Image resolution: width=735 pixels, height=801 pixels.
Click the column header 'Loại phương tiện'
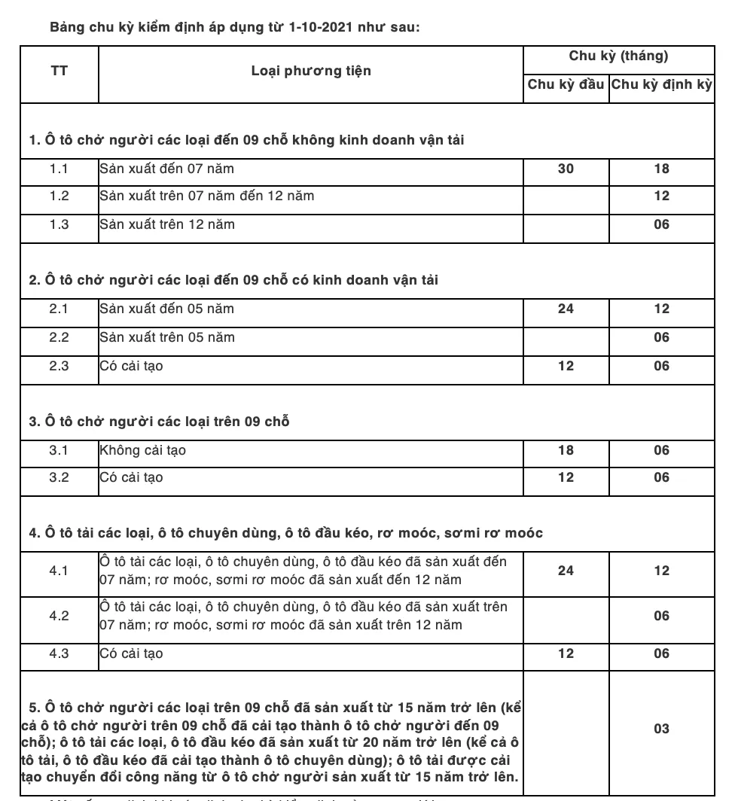point(310,71)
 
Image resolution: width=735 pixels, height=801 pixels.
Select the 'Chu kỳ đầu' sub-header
point(566,84)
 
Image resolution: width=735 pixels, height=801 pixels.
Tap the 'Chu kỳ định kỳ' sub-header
point(661,84)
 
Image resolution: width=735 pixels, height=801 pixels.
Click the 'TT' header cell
point(59,71)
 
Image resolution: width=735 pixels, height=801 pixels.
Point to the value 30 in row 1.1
point(566,169)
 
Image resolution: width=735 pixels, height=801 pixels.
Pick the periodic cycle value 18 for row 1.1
point(661,169)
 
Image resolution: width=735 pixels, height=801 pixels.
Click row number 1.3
point(59,224)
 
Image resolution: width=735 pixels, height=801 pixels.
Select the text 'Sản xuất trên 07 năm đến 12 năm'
point(207,196)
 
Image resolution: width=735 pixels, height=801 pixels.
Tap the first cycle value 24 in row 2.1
point(566,309)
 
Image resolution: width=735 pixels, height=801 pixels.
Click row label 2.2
point(59,337)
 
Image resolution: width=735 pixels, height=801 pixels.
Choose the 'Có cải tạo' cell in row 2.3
point(131,366)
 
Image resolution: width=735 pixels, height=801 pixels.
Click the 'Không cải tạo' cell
point(142,450)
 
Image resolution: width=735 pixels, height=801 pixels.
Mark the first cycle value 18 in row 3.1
point(566,450)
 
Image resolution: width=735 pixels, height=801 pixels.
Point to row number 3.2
point(59,477)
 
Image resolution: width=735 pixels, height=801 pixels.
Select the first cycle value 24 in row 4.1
point(566,571)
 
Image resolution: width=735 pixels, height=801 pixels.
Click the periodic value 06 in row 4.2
point(661,616)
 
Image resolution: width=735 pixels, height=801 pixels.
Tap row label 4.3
point(59,653)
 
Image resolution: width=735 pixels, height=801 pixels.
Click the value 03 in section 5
point(661,729)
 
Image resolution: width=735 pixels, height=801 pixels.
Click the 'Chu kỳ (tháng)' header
point(618,56)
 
